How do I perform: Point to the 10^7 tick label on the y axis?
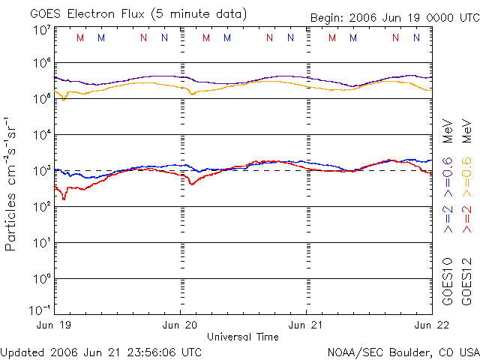pyautogui.click(x=41, y=31)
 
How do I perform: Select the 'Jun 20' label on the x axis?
pyautogui.click(x=181, y=325)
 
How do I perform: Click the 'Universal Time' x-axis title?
pyautogui.click(x=242, y=337)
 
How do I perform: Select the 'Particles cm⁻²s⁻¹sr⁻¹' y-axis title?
pyautogui.click(x=12, y=183)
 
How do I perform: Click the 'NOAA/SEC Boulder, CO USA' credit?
pyautogui.click(x=403, y=351)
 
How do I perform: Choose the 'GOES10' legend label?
pyautogui.click(x=448, y=282)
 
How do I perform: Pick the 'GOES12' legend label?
pyautogui.click(x=466, y=282)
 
